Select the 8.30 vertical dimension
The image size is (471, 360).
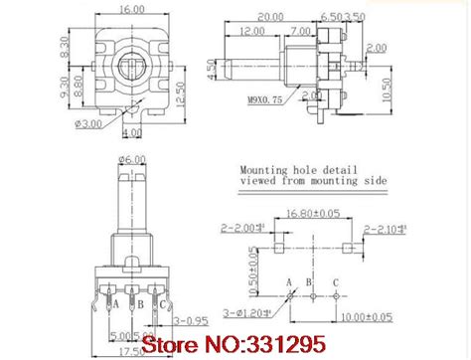pos(68,44)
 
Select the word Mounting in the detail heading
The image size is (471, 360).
pos(261,170)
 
